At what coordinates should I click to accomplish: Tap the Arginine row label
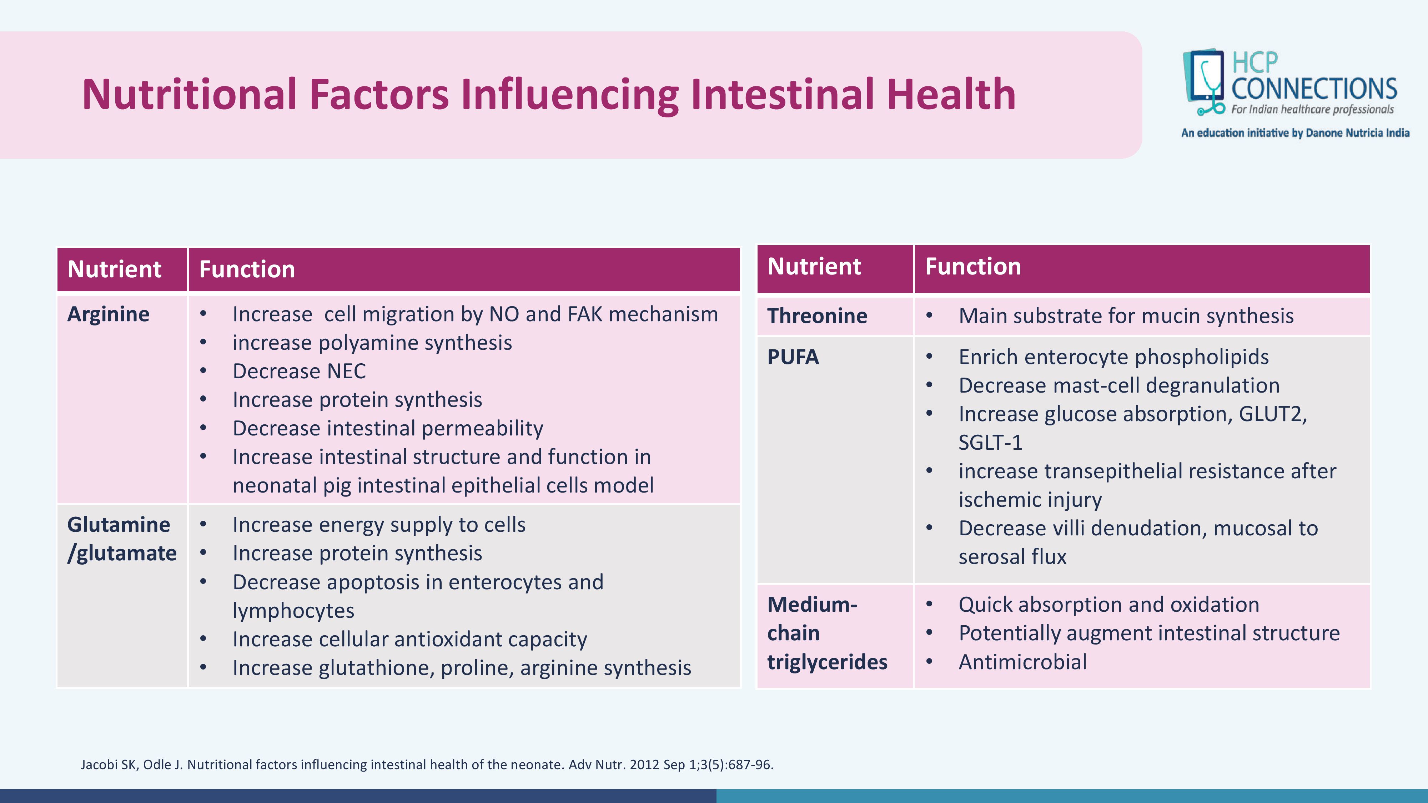(108, 314)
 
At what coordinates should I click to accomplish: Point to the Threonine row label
(817, 316)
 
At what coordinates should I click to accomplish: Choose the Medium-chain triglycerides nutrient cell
(827, 633)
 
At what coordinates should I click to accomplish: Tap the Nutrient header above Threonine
(814, 267)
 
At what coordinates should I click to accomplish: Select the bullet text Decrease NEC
(300, 371)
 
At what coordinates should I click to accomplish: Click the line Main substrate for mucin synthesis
(1126, 316)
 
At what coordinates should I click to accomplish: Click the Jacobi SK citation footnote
(427, 765)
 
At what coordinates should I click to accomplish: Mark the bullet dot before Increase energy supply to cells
(203, 524)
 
